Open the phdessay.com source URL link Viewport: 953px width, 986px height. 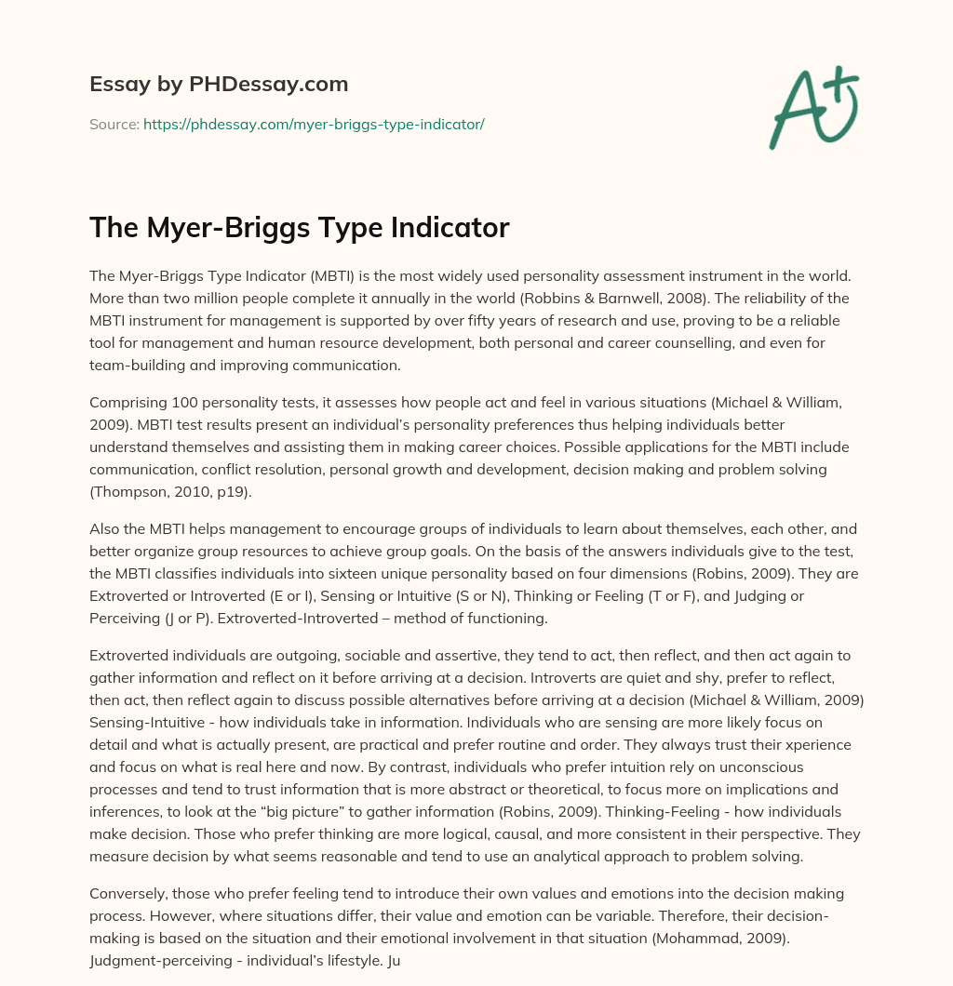[314, 124]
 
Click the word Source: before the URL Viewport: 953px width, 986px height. [114, 124]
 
